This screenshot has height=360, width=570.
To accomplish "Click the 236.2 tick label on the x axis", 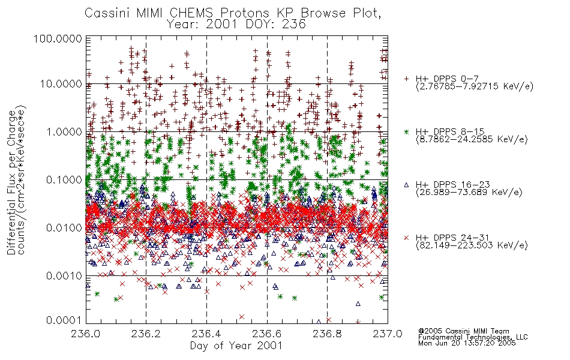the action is [146, 334].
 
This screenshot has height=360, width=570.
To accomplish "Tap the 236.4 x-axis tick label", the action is [206, 334].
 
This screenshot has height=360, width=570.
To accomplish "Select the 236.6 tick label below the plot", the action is [267, 334].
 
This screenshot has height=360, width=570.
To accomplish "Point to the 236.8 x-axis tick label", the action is [327, 334].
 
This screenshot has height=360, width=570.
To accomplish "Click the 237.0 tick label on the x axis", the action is [388, 334].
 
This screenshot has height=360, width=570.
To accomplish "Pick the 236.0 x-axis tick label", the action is [86, 334].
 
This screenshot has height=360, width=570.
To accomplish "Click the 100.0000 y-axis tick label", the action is [58, 38].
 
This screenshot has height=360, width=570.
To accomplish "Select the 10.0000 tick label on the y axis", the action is [61, 84].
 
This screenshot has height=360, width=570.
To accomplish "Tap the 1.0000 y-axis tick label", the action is [64, 131].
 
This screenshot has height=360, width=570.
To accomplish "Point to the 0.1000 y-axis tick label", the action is [64, 179].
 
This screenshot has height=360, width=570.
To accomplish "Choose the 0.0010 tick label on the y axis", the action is [64, 276].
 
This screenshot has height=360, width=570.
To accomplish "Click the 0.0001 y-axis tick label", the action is [64, 320].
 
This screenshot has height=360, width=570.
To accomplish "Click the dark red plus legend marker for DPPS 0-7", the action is [406, 79].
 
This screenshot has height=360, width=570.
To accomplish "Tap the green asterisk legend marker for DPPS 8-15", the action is [406, 131].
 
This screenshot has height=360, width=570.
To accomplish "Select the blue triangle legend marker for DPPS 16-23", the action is [406, 185].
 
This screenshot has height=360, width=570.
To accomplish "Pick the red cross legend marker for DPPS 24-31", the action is [406, 238].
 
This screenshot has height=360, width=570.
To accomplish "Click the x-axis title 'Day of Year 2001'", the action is [236, 346].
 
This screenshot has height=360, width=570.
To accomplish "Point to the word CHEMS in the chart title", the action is [191, 13].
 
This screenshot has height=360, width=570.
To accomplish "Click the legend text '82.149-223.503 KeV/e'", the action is [472, 245].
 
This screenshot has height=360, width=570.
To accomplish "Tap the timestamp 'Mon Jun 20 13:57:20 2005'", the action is [467, 343].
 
